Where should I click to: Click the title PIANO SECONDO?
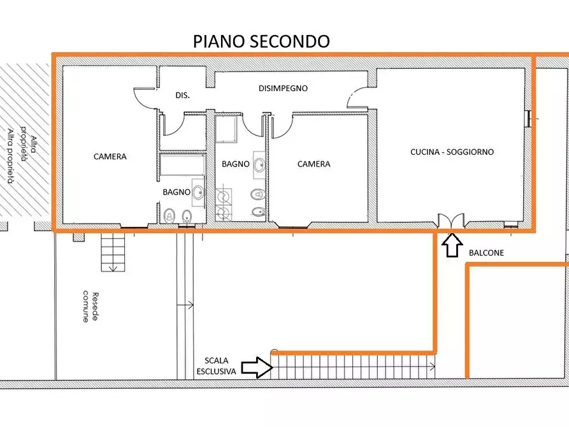pyautogui.click(x=261, y=41)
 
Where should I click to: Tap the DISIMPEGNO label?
pyautogui.click(x=283, y=89)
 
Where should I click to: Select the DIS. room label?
pyautogui.click(x=182, y=95)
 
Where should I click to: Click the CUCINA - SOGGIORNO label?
pyautogui.click(x=452, y=152)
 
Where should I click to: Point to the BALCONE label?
pyautogui.click(x=486, y=253)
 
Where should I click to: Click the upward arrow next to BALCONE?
pyautogui.click(x=452, y=245)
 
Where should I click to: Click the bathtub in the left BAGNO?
pyautogui.click(x=182, y=166)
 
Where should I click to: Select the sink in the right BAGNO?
pyautogui.click(x=259, y=164)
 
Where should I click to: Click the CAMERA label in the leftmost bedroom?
pyautogui.click(x=110, y=156)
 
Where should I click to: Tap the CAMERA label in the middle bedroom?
pyautogui.click(x=314, y=164)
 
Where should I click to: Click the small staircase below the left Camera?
pyautogui.click(x=114, y=252)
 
